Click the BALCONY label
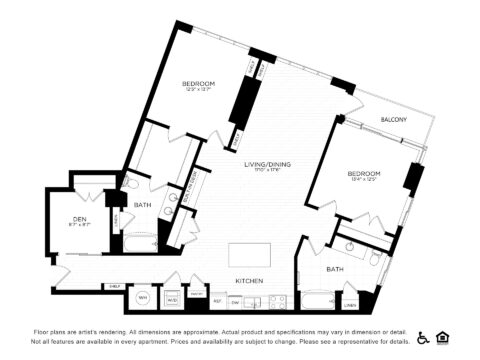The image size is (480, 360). coord(392,120)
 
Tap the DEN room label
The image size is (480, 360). coord(79,219)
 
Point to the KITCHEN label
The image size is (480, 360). coord(248,282)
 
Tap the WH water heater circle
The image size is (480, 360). coord(142,298)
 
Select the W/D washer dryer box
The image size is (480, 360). coord(172,298)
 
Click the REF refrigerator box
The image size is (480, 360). coord(217,299)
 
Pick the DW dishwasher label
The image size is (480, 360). coord(235,299)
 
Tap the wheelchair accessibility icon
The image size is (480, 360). coord(422,337)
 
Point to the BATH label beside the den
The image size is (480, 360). coord(142,205)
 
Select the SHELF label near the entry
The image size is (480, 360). coord(115,286)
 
